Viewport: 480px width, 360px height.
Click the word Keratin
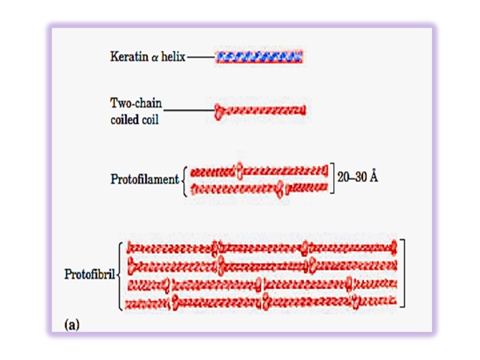(x=127, y=58)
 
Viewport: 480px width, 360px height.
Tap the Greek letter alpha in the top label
(x=154, y=58)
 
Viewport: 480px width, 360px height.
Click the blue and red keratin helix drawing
(x=259, y=58)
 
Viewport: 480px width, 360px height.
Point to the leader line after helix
(x=200, y=58)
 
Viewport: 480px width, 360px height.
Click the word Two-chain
(x=136, y=104)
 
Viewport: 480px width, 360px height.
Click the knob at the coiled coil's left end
(x=219, y=110)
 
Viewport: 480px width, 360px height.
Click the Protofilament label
(x=145, y=179)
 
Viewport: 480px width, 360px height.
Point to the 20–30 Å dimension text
(x=357, y=178)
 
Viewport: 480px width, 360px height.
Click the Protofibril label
(x=89, y=275)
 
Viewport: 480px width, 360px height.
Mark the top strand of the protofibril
(x=263, y=247)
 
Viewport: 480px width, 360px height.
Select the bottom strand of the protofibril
(x=263, y=301)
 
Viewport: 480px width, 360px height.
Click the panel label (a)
(x=71, y=325)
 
